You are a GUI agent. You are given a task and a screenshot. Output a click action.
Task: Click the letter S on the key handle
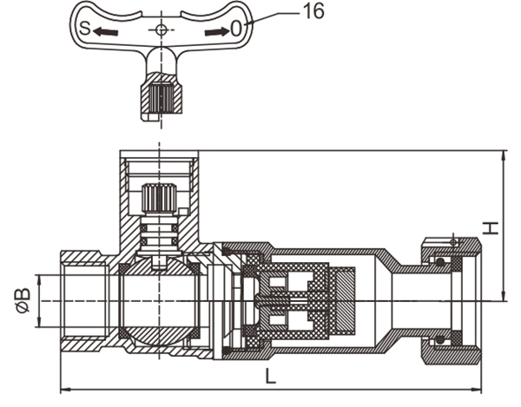point(84,30)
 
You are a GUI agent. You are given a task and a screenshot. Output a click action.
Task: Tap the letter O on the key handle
point(235,30)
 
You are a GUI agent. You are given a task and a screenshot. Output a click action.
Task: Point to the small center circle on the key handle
point(158,30)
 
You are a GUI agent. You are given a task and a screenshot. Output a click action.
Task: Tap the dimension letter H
point(491,227)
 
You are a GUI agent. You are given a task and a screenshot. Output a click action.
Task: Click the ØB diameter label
point(22,299)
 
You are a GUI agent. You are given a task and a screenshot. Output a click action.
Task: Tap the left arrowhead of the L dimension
point(63,388)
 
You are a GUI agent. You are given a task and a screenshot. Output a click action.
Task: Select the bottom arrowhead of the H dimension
point(505,297)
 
